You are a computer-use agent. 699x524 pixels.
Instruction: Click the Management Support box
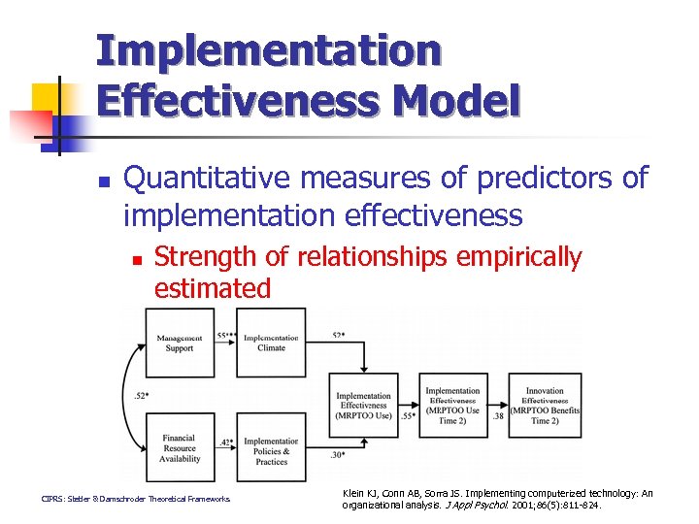(179, 343)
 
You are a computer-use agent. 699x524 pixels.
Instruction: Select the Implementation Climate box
(271, 343)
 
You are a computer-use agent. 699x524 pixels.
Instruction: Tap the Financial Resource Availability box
(179, 447)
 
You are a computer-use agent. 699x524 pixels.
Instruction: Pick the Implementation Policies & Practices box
(271, 450)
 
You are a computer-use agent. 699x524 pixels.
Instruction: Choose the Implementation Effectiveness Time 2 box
(451, 400)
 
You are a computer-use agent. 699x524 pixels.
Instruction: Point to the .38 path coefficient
(497, 415)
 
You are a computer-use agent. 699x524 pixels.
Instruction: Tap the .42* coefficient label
(225, 442)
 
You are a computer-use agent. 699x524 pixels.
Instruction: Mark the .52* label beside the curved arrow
(141, 395)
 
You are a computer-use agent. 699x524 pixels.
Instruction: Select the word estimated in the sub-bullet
(213, 288)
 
